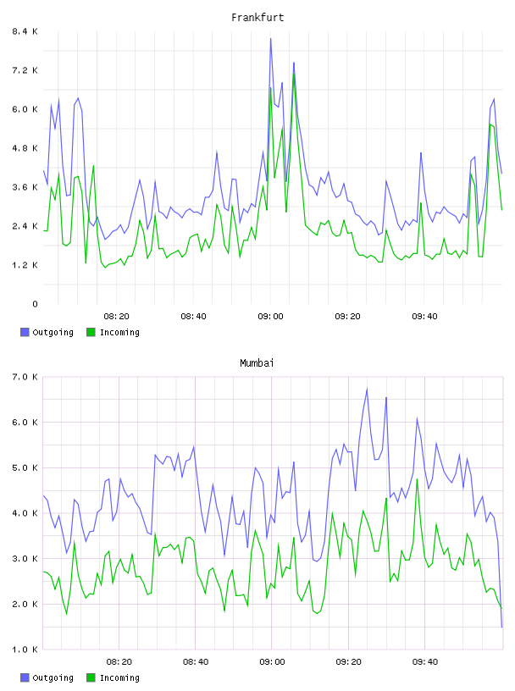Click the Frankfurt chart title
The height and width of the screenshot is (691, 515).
tap(257, 18)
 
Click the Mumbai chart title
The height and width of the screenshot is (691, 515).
tap(257, 363)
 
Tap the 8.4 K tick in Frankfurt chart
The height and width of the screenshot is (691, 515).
tap(25, 31)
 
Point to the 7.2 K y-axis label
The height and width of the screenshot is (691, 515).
tap(25, 70)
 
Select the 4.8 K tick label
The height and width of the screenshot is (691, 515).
tap(25, 148)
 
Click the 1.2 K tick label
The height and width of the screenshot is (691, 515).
tap(25, 265)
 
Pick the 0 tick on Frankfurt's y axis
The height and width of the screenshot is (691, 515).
tap(36, 304)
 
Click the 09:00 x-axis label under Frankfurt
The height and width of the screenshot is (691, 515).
tap(271, 317)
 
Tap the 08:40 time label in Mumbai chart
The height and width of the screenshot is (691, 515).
tap(196, 662)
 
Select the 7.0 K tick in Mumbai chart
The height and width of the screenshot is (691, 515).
tap(25, 377)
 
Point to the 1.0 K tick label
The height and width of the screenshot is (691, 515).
tap(25, 650)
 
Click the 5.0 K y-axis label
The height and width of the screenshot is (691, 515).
tap(25, 468)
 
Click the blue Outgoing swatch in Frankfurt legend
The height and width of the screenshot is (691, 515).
tap(25, 332)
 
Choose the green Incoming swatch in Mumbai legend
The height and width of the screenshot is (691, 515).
tap(91, 677)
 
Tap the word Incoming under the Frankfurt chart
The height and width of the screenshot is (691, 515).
tap(119, 333)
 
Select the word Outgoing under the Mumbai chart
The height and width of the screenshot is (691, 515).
tap(53, 678)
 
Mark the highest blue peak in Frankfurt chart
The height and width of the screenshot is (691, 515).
tap(271, 39)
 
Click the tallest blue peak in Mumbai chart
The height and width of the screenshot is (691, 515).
tap(367, 389)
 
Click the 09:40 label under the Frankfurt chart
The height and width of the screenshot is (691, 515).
tap(424, 317)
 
